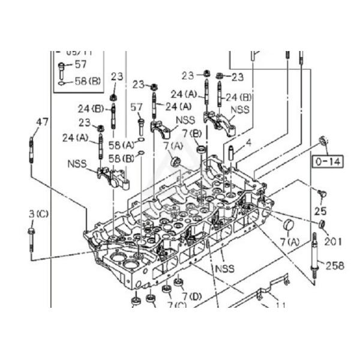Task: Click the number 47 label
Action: point(41,122)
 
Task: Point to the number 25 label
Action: point(320,211)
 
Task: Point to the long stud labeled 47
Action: point(30,153)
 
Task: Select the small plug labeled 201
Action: point(322,224)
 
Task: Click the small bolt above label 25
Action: point(322,193)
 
